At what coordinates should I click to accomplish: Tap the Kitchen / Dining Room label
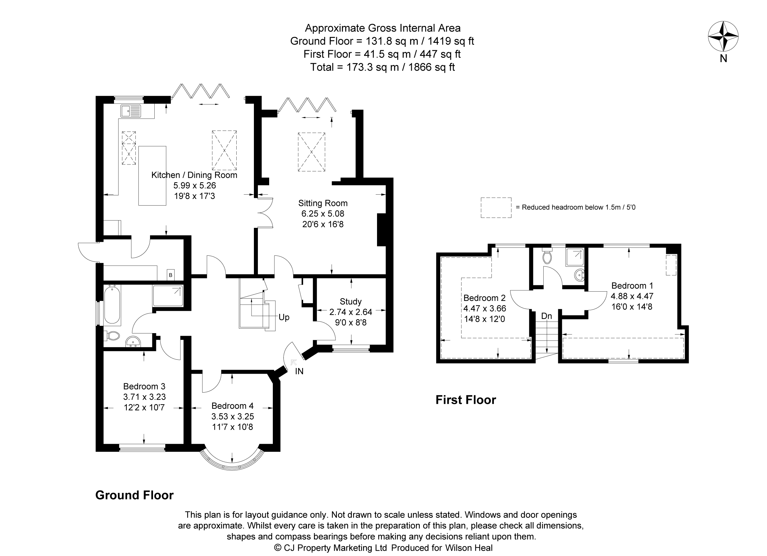[194, 175]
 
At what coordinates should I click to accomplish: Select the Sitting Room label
[323, 203]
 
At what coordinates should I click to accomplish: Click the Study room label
[351, 301]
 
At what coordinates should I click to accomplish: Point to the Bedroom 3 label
[144, 386]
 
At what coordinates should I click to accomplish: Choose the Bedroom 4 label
[232, 406]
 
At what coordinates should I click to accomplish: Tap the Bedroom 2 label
[484, 298]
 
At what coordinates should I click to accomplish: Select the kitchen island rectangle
[152, 176]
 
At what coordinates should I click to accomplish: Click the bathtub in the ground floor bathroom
[112, 304]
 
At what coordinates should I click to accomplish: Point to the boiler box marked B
[171, 275]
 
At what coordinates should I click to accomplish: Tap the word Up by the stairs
[284, 317]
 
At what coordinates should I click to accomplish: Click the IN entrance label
[299, 371]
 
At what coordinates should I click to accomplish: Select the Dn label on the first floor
[547, 316]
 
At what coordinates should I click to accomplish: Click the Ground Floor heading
[134, 495]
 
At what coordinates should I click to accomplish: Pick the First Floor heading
[465, 400]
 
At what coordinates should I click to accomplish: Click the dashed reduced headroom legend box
[496, 208]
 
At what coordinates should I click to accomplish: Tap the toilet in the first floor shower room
[547, 257]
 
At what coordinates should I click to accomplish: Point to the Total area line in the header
[382, 67]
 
